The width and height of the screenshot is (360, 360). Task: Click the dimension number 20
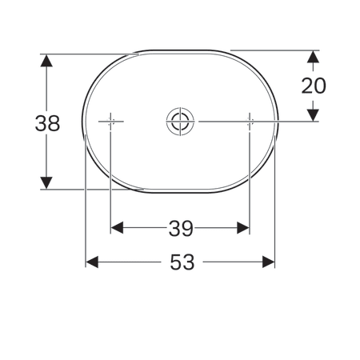click(x=313, y=86)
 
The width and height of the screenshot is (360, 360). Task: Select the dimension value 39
click(x=181, y=229)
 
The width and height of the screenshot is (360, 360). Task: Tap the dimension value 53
click(x=182, y=262)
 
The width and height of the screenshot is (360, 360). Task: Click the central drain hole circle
click(x=179, y=122)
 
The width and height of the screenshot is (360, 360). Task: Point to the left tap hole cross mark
click(x=110, y=122)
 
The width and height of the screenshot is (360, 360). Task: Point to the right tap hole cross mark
click(x=250, y=122)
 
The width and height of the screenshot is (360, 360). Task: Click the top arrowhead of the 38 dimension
click(x=47, y=61)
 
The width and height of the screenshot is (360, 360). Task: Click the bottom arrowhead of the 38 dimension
click(x=47, y=183)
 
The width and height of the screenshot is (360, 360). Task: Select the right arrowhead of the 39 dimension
click(x=244, y=229)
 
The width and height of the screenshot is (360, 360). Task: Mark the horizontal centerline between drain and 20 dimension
click(x=256, y=122)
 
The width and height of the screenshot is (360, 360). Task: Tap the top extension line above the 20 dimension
click(x=272, y=51)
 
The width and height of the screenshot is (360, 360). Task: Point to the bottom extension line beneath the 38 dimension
click(x=88, y=190)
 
